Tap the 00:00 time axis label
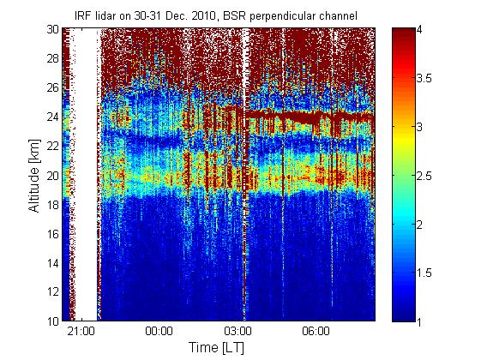(x=159, y=332)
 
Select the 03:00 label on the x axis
(x=237, y=332)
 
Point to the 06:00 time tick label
(x=316, y=332)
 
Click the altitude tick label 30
(x=52, y=29)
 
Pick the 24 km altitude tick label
(x=52, y=117)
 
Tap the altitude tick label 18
(x=52, y=205)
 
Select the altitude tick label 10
(x=52, y=321)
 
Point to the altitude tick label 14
(x=52, y=263)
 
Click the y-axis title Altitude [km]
(x=34, y=176)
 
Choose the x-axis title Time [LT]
(x=217, y=348)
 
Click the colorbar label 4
(x=419, y=30)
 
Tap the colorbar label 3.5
(x=424, y=78)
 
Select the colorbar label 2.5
(x=424, y=176)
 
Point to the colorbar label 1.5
(x=424, y=273)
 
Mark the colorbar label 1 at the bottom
(x=419, y=321)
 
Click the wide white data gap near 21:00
(x=86, y=174)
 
